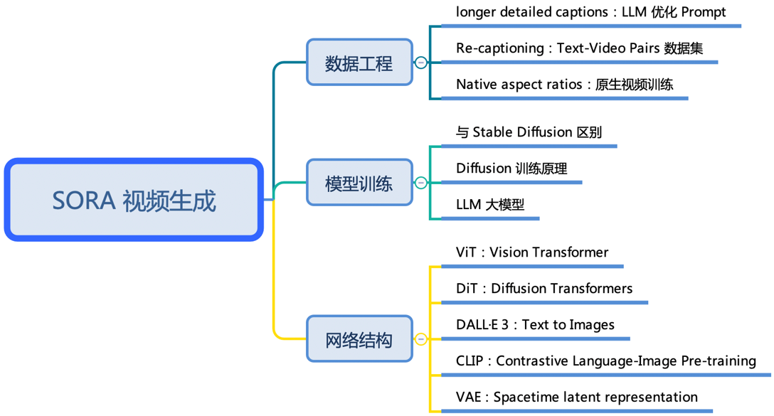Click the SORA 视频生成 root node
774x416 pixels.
134,200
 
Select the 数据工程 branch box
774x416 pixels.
359,62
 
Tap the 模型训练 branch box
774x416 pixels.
359,183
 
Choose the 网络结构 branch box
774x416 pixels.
359,339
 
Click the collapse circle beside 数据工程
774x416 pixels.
420,63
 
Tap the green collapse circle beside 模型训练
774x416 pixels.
420,183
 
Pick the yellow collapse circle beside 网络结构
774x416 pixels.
420,339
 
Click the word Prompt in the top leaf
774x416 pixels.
704,12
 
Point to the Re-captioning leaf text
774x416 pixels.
580,48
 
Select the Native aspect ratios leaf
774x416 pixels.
565,85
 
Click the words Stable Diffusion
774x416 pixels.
522,132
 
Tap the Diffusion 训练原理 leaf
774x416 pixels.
511,169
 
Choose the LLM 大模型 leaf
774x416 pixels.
490,204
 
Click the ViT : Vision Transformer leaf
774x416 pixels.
532,252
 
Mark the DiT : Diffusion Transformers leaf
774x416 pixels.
544,288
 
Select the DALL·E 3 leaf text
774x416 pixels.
535,325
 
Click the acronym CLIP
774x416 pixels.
470,361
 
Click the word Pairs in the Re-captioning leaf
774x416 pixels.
645,48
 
